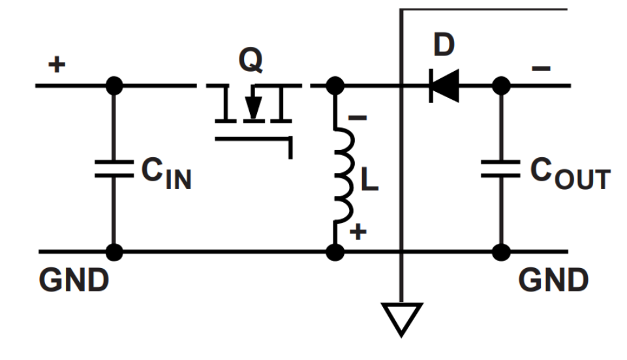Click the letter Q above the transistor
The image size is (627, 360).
point(251,59)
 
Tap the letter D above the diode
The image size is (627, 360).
point(444,45)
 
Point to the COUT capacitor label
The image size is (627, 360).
point(570,173)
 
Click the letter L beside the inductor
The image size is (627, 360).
point(369,179)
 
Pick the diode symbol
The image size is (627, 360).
point(444,85)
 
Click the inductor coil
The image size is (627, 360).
point(344,175)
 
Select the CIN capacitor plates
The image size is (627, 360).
point(114,169)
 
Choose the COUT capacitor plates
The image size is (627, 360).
point(500,169)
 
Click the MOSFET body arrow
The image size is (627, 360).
point(252,106)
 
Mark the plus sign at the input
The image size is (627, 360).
point(57,65)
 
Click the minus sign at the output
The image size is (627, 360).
point(541,68)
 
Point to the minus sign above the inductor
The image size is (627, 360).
point(358,117)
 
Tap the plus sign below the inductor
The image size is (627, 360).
point(358,232)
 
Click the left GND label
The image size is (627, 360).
point(74,280)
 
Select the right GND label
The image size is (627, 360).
point(553,280)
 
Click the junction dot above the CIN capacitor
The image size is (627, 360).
point(114,85)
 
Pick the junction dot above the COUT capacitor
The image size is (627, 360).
point(500,85)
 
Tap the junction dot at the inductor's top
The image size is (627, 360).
point(335,85)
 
